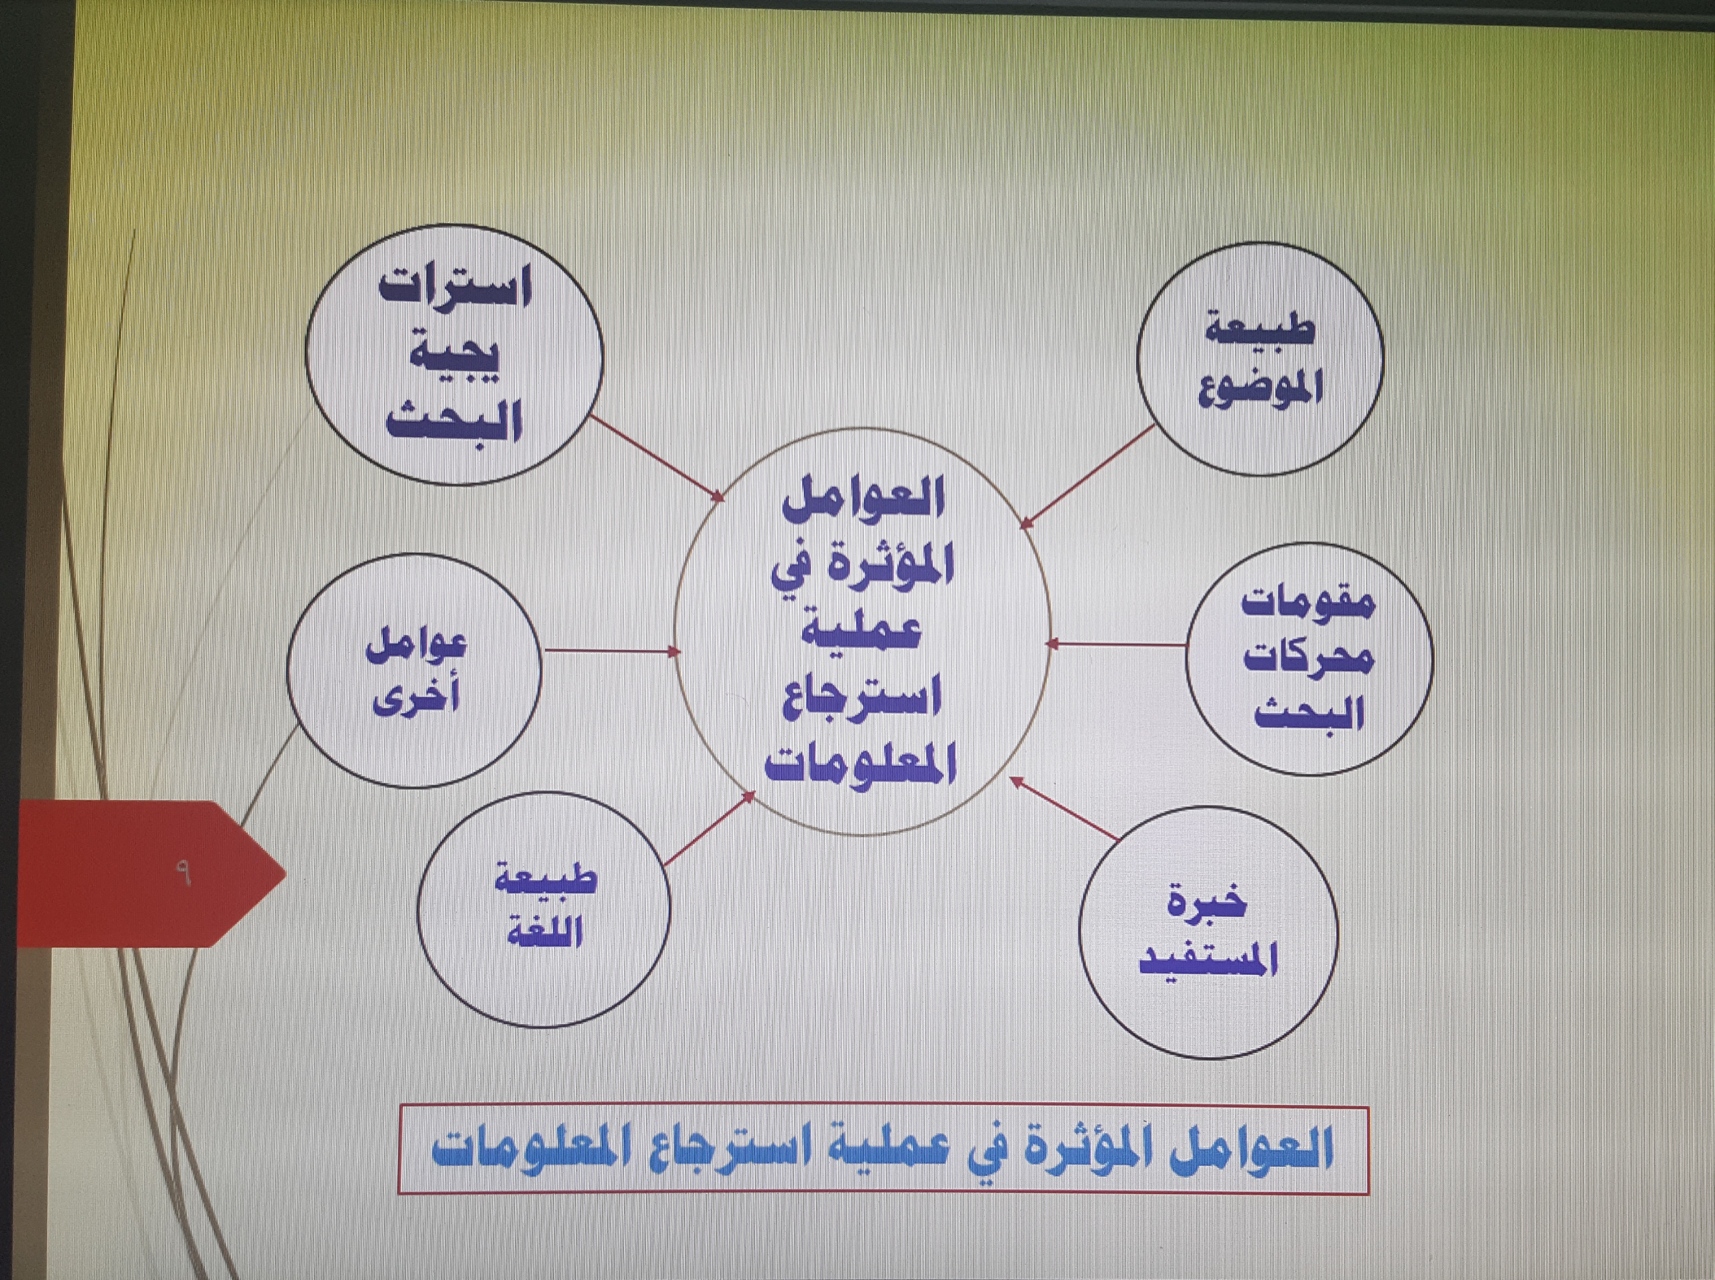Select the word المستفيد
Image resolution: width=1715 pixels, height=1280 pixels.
tap(1208, 959)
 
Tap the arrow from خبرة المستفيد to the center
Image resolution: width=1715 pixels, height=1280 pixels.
tap(1063, 808)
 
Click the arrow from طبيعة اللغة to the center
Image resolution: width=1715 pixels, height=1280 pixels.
tap(709, 828)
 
